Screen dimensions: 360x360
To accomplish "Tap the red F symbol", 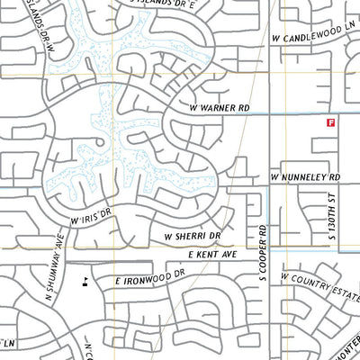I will click(330, 121).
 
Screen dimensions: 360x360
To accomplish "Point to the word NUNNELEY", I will click(309, 178).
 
